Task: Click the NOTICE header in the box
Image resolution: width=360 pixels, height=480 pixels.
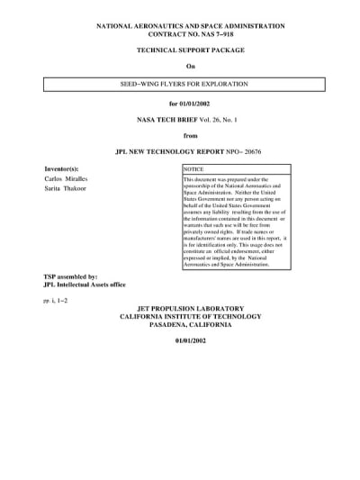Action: point(193,169)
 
